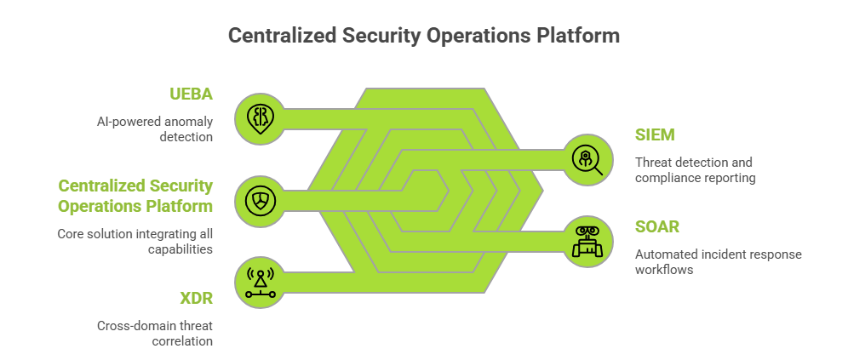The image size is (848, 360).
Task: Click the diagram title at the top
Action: click(423, 37)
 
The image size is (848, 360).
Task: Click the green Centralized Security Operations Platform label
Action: click(135, 196)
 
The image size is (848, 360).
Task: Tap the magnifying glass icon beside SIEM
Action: click(587, 158)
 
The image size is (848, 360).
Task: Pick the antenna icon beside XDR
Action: click(260, 282)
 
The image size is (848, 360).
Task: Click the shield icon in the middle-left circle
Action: click(260, 201)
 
